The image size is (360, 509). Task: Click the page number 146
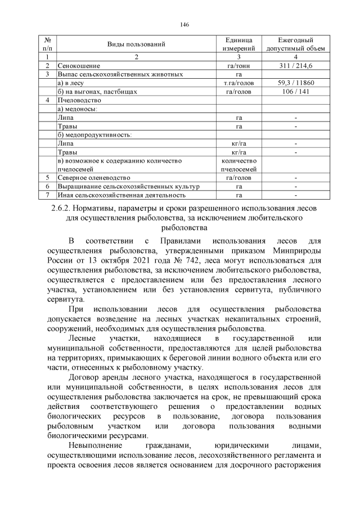pyautogui.click(x=183, y=25)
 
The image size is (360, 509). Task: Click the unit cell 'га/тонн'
pyautogui.click(x=238, y=66)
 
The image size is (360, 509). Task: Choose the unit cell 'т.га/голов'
pyautogui.click(x=238, y=83)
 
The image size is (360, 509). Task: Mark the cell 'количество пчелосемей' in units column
pyautogui.click(x=238, y=165)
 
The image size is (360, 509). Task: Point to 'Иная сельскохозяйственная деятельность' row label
pyautogui.click(x=121, y=195)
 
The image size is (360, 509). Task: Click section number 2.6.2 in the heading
pyautogui.click(x=55, y=208)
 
